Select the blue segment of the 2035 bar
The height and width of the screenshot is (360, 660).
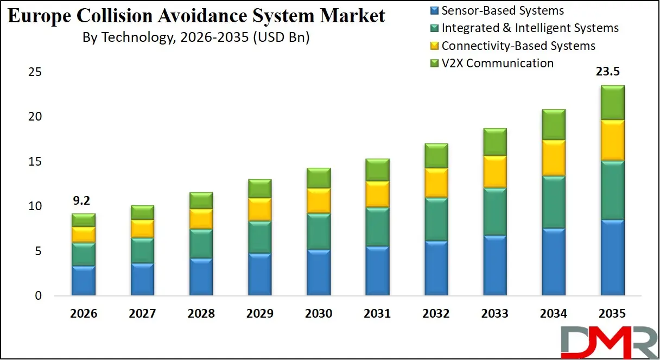pyautogui.click(x=612, y=257)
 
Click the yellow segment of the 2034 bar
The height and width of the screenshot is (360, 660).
pyautogui.click(x=553, y=157)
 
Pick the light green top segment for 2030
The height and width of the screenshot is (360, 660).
pyautogui.click(x=319, y=178)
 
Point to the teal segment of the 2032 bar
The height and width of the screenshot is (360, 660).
pyautogui.click(x=436, y=219)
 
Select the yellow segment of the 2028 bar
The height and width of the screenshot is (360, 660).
pyautogui.click(x=201, y=219)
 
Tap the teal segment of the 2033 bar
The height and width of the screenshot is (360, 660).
pyautogui.click(x=494, y=212)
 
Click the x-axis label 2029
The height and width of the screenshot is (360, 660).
pyautogui.click(x=259, y=314)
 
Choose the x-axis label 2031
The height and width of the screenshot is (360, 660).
pyautogui.click(x=377, y=314)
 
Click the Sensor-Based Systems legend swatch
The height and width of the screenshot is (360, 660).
pyautogui.click(x=434, y=10)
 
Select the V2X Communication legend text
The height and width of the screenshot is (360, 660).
pyautogui.click(x=497, y=63)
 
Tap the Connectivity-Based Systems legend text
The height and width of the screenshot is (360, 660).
pyautogui.click(x=518, y=46)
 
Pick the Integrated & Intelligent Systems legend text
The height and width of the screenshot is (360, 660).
pyautogui.click(x=530, y=28)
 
